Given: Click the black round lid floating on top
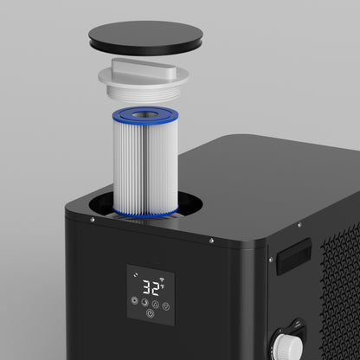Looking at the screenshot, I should [x=145, y=36].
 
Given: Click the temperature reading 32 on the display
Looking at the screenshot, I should [x=151, y=286].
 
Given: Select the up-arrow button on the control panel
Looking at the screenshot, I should [x=155, y=304].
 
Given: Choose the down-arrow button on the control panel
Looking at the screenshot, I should [x=165, y=305].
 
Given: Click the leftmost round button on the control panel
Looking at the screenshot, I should [x=134, y=301].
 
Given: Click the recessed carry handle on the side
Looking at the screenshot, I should [x=293, y=257].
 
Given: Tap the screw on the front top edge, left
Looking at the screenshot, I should [x=91, y=218].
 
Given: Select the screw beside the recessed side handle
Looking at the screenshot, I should [x=271, y=258].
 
